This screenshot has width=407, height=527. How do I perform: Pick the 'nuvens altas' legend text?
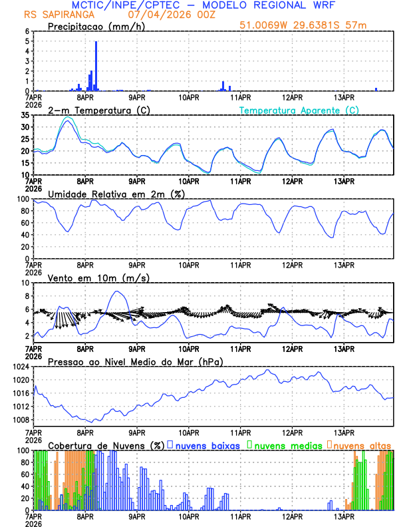coord(361,445)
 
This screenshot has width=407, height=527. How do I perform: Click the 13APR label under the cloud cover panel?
coord(344,516)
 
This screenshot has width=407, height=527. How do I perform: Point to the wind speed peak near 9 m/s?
coord(117,291)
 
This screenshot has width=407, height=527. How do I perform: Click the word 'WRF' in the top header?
coord(332,5)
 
